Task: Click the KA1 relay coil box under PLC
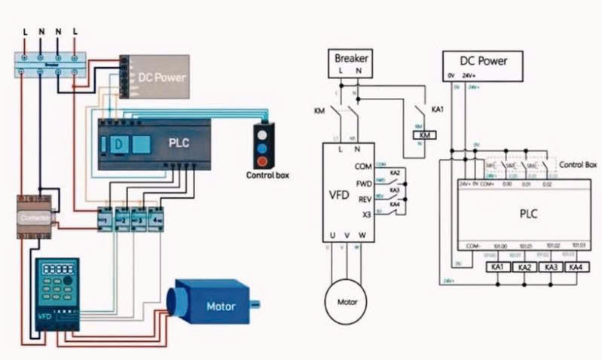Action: [x=497, y=267]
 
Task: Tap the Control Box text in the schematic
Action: [x=579, y=163]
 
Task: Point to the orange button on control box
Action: [x=262, y=160]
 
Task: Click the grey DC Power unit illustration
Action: [x=155, y=78]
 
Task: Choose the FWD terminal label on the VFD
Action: [x=364, y=183]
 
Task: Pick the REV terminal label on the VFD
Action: [x=364, y=200]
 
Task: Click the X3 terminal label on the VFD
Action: [x=366, y=215]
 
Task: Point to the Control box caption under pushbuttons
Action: [x=267, y=175]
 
